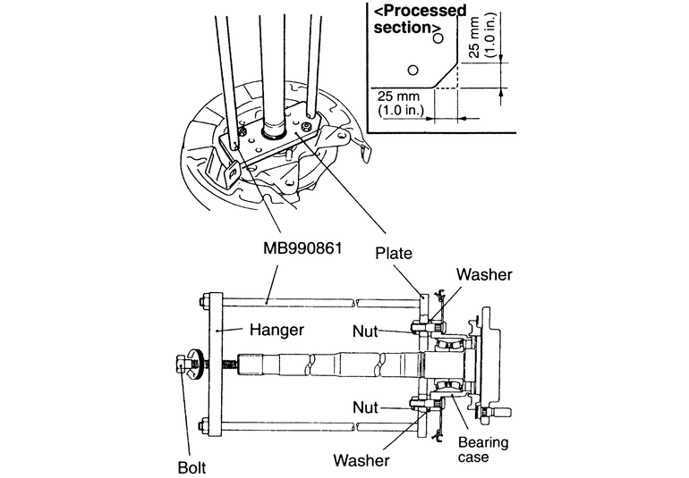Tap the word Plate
pyautogui.click(x=394, y=254)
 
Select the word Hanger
pyautogui.click(x=277, y=330)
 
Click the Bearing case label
pyautogui.click(x=484, y=449)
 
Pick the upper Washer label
pyautogui.click(x=483, y=275)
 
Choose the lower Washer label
pyautogui.click(x=361, y=461)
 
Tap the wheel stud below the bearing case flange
pyautogui.click(x=499, y=413)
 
